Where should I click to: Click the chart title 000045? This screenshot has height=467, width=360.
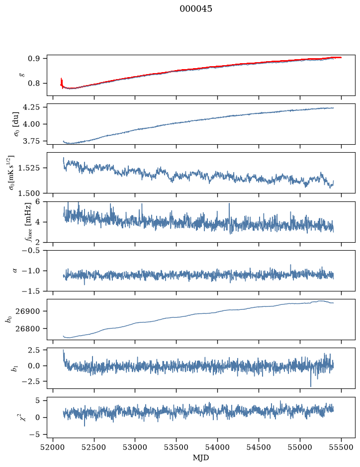coord(195,9)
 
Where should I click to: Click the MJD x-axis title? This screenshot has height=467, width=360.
coord(201,458)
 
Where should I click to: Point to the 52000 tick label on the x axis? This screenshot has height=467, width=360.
coord(53,447)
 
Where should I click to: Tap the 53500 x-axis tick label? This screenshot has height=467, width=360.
coord(177,447)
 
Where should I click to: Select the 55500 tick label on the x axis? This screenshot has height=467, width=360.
coord(341,447)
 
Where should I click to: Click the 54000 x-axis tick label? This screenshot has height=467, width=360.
coord(217,447)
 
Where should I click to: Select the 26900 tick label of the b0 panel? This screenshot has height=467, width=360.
coord(27,311)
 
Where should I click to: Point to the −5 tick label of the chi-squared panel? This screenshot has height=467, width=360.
coord(34,435)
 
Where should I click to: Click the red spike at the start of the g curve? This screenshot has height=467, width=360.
coord(62,83)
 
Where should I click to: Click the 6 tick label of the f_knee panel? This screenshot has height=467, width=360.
coord(37,201)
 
